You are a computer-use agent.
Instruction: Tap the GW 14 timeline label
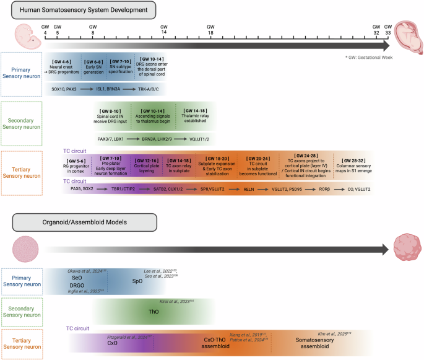[x=163, y=30]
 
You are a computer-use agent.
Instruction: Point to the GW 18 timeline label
[x=210, y=30]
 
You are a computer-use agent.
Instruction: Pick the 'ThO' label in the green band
[x=156, y=312]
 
